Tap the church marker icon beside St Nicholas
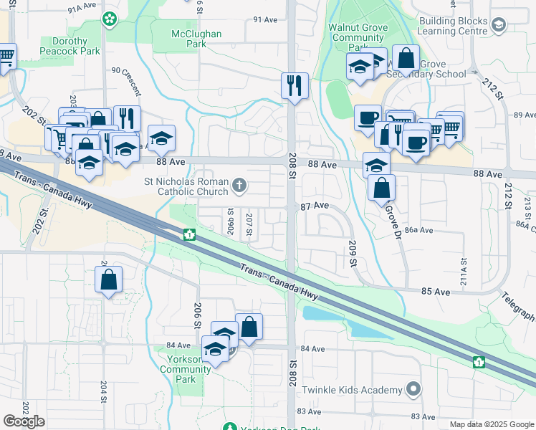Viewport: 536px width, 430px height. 240,187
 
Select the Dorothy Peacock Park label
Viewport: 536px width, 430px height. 70,47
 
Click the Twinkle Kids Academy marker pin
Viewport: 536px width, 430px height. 412,390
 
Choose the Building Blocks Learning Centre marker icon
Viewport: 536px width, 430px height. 498,26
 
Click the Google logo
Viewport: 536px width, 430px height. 24,421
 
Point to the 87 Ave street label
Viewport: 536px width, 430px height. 315,206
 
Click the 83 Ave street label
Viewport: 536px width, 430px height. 309,411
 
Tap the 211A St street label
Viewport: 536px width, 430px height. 463,271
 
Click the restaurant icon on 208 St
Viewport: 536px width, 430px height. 295,85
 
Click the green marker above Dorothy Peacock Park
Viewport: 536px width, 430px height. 110,19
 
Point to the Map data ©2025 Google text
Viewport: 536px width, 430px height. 492,424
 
